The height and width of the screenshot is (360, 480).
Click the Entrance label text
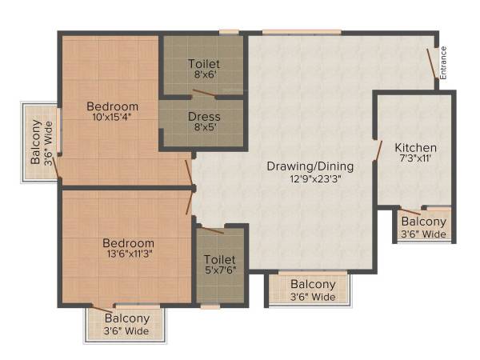[x=443, y=62]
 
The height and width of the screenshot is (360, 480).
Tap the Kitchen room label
[x=415, y=148]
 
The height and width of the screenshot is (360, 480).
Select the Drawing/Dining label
[x=310, y=166]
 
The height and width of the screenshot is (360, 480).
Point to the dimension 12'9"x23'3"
[x=310, y=178]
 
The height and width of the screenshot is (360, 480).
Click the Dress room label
[x=204, y=117]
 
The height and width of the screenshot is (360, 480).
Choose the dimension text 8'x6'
[x=203, y=75]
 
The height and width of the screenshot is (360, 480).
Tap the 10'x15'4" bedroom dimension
[x=112, y=117]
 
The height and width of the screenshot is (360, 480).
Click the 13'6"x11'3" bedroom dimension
[x=128, y=254]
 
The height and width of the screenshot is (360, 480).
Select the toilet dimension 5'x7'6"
[x=219, y=270]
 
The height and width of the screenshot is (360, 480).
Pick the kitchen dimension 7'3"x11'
[x=415, y=159]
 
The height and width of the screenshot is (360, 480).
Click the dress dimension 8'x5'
[x=203, y=127]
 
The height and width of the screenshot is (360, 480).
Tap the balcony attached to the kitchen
[x=424, y=227]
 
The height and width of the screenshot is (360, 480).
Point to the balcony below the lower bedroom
[x=126, y=324]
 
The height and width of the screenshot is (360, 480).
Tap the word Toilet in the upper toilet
[x=203, y=64]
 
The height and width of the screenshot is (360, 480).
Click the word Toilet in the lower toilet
[x=219, y=259]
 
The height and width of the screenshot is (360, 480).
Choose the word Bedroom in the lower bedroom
[x=128, y=243]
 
